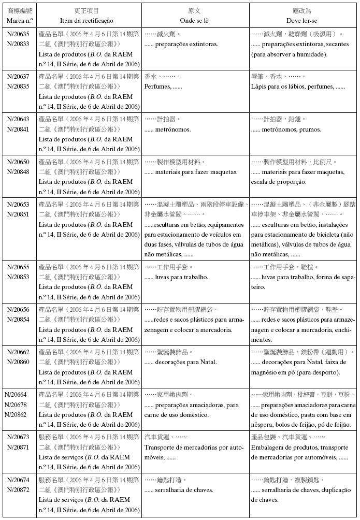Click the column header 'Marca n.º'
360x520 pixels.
[20, 20]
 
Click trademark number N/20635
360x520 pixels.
[18, 34]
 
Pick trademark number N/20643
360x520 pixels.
[18, 119]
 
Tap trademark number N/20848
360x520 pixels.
[18, 172]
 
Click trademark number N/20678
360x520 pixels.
[16, 405]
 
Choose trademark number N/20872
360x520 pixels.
[18, 490]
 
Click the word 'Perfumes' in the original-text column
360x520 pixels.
[157, 86]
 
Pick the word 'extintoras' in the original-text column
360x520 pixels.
[203, 44]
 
